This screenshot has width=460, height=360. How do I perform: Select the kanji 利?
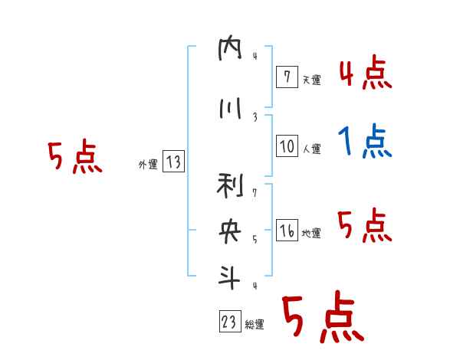tap(229, 185)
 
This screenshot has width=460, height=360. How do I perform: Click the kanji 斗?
tap(229, 277)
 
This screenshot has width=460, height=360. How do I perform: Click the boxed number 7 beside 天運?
tap(287, 77)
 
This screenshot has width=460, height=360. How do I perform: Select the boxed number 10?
tap(287, 146)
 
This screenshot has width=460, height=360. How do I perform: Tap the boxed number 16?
tap(287, 231)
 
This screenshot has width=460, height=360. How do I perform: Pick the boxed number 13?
tap(172, 162)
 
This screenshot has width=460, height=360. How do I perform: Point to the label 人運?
tap(311, 147)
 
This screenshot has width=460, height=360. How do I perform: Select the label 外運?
tap(148, 164)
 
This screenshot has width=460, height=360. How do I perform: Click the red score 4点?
tap(365, 74)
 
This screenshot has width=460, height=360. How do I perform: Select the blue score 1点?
tap(365, 141)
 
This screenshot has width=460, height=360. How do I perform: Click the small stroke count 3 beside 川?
tap(255, 116)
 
